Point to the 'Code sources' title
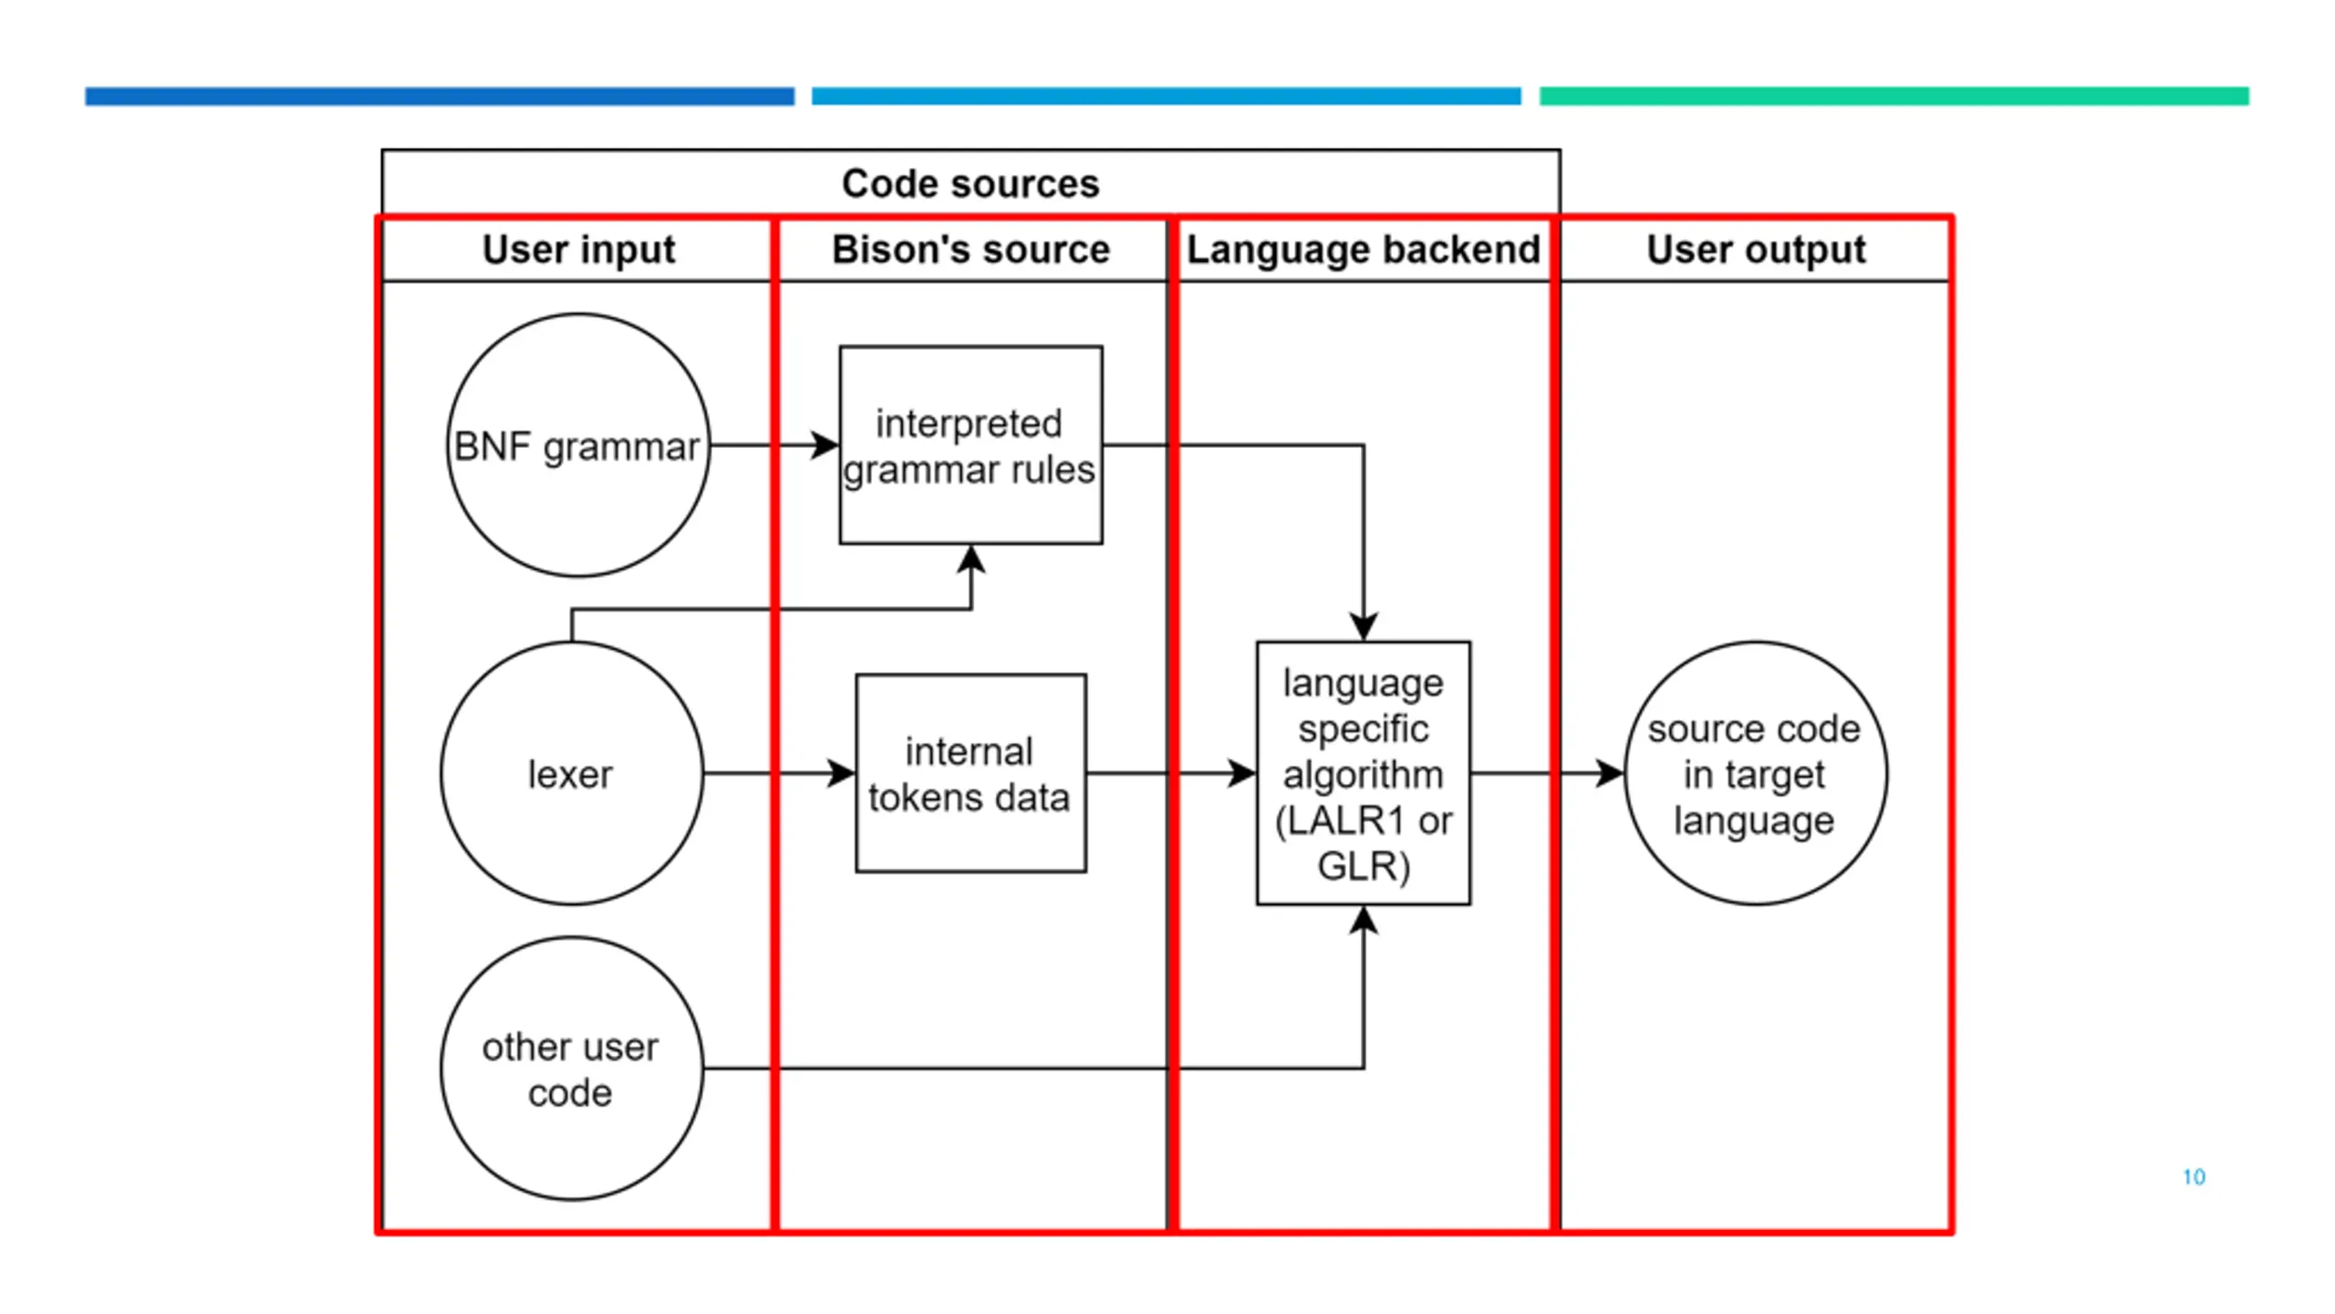[970, 183]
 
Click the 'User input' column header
[578, 249]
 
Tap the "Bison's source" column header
[970, 249]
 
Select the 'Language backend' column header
[1364, 249]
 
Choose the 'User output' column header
[1756, 249]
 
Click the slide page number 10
[2194, 1177]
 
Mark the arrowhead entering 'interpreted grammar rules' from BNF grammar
[824, 445]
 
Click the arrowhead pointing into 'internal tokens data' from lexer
[841, 773]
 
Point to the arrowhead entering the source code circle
[1610, 773]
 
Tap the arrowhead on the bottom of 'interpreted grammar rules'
[971, 559]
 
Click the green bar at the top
[1894, 96]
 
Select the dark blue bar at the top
[440, 96]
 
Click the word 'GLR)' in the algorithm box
[1364, 865]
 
